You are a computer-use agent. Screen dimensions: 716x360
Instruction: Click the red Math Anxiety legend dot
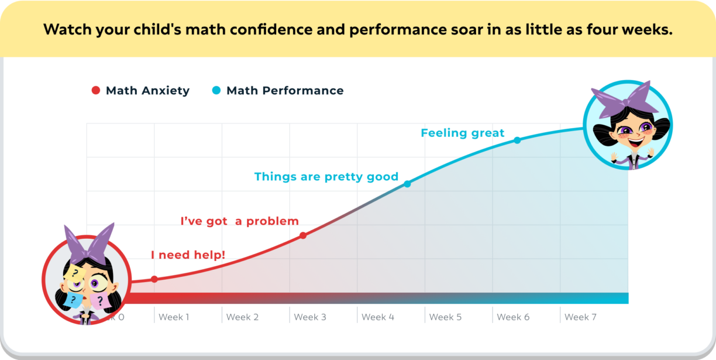click(96, 90)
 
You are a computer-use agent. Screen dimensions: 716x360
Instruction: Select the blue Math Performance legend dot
click(216, 90)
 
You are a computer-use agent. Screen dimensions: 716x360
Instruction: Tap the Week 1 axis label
click(174, 317)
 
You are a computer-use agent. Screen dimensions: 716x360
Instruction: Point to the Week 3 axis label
click(310, 317)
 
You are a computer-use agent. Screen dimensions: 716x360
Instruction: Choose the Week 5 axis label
click(445, 317)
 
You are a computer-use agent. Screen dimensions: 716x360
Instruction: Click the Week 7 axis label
click(580, 317)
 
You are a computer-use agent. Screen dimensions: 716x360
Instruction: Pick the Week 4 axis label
click(378, 317)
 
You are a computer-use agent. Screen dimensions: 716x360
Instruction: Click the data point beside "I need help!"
click(154, 279)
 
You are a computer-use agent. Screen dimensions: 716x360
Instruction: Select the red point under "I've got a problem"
click(303, 236)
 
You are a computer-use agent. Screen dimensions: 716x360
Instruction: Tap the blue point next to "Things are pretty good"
click(407, 184)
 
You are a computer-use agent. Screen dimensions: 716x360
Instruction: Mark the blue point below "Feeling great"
click(517, 140)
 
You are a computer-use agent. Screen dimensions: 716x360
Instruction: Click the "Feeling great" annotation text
click(462, 133)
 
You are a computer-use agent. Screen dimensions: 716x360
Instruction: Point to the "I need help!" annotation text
click(188, 255)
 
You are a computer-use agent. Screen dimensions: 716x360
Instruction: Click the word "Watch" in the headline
click(67, 29)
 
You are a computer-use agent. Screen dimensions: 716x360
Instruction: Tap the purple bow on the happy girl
click(625, 99)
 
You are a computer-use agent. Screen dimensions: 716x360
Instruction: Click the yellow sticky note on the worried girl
click(75, 273)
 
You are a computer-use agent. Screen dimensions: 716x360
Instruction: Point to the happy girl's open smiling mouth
click(636, 142)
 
